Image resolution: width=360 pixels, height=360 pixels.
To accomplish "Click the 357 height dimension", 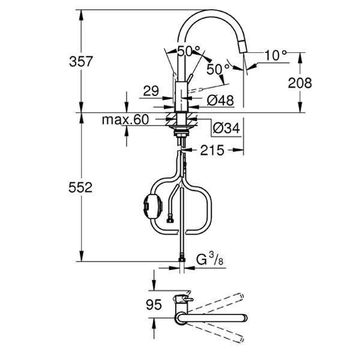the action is pos(81,61).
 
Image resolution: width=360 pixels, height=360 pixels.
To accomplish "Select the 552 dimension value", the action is pos(80,187).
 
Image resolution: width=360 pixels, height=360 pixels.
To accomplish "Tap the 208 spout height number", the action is pos(300,83).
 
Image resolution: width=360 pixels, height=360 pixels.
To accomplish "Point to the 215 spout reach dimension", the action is pos(212,151).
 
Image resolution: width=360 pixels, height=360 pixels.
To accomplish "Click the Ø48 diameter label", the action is pos(220,100).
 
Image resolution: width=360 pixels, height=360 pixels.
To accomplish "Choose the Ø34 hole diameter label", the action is pos(226,128).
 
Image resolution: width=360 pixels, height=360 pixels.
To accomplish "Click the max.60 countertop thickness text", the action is pos(125,119).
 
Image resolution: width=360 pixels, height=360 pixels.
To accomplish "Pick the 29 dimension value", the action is pos(151,91).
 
